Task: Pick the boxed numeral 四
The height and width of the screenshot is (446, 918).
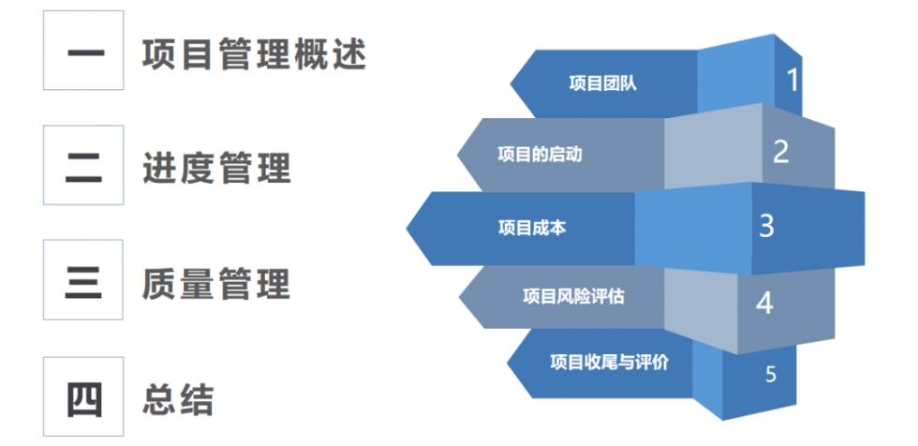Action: pos(83,399)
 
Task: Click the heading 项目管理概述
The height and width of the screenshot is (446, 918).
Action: pos(254,55)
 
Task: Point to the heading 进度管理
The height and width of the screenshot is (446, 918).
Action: pos(216,170)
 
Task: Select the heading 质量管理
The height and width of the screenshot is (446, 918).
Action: pos(216,285)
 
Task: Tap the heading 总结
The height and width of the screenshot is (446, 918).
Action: pos(178,400)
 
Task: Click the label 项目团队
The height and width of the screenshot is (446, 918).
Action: pos(602,84)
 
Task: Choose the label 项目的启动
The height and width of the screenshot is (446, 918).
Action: pos(540,155)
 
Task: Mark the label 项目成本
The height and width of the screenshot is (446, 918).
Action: pos(532,228)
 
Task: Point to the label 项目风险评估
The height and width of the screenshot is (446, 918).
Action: pos(573,297)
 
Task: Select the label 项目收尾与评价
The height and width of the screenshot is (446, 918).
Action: pos(610,363)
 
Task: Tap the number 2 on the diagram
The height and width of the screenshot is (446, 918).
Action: pos(781,151)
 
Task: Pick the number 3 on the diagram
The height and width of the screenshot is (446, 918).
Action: pos(767,225)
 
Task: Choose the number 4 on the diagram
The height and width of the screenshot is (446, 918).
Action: pos(764,303)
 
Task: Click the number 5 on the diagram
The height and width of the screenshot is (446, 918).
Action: pos(770,374)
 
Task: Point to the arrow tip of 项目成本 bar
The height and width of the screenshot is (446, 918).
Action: pos(407,229)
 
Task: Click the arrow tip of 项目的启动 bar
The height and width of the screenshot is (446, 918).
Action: pos(457,156)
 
